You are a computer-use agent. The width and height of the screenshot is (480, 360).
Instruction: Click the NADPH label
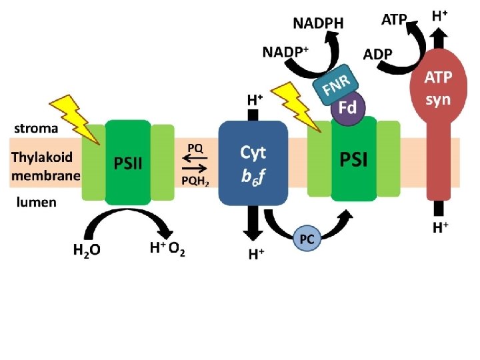coord(319,23)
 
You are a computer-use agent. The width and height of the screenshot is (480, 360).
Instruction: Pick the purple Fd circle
coord(347,108)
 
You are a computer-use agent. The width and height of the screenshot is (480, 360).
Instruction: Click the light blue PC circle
coord(307,238)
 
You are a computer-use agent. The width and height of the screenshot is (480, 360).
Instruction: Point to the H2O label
coord(87,251)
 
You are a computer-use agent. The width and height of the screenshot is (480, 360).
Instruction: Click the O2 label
coord(177,250)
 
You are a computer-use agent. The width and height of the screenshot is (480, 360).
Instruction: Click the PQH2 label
coord(195,181)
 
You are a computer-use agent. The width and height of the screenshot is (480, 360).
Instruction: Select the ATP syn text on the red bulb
coord(439,88)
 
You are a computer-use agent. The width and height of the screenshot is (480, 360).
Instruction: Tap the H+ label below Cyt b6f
coord(257,253)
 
